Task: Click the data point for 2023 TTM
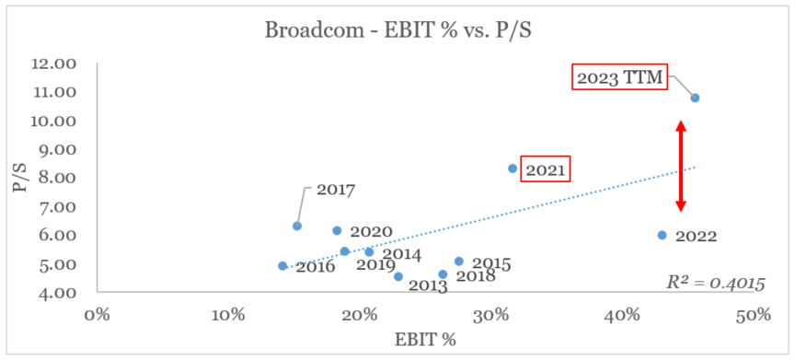(695, 98)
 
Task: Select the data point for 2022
(662, 235)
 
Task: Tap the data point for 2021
(513, 168)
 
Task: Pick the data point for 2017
(297, 226)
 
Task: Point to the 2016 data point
(282, 266)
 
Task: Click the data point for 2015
(459, 261)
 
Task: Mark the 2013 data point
(398, 276)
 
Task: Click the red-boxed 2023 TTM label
(620, 77)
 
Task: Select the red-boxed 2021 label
(545, 169)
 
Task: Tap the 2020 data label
(371, 232)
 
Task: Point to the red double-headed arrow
(681, 167)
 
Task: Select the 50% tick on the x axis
(753, 314)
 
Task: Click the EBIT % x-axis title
(425, 339)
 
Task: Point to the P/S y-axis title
(17, 178)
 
